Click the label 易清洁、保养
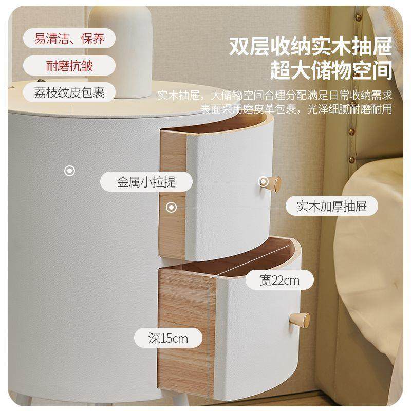68,39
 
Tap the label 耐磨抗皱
68,66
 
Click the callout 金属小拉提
146,182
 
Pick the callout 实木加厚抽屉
331,207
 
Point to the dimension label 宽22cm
279,280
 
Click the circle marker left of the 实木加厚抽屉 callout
172,207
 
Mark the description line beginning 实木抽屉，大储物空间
274,96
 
